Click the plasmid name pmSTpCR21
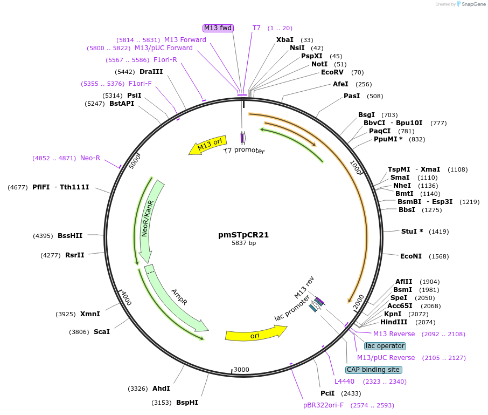(243, 235)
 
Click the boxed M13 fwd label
(218, 28)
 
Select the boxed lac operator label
(385, 346)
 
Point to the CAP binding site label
(373, 370)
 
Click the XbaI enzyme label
(285, 40)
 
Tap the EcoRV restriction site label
(332, 72)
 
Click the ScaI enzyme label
(102, 332)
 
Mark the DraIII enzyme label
(151, 72)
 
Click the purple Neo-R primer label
(90, 158)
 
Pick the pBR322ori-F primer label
(323, 405)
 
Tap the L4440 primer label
(344, 382)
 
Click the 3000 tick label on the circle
(241, 370)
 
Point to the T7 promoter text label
(245, 151)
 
